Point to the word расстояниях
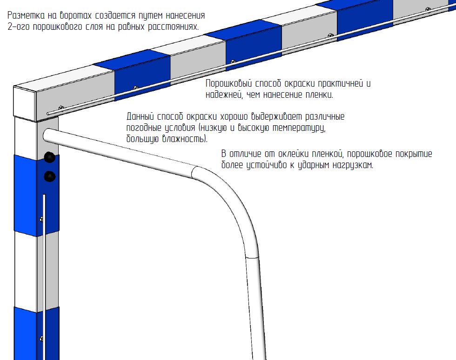tap(173, 27)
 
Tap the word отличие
tap(247, 154)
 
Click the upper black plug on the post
tap(49, 157)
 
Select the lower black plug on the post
tap(49, 176)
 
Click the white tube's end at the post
tap(48, 135)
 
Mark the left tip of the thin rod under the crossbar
tap(49, 114)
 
